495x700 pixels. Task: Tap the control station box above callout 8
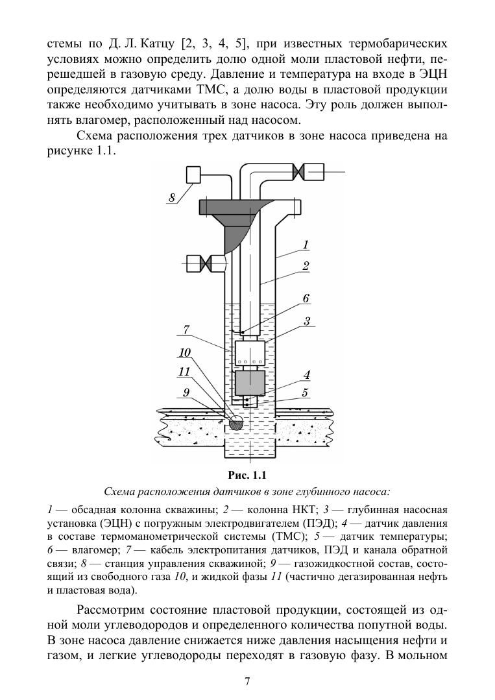194,175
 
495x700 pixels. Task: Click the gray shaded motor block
250,382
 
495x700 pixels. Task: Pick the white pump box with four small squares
250,354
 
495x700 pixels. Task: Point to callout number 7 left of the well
186,330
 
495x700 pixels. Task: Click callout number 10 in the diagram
186,352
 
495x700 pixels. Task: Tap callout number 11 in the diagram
185,372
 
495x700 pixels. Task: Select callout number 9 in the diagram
186,391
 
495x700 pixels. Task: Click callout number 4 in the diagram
306,374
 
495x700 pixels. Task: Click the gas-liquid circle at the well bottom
236,424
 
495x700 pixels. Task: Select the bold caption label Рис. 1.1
248,473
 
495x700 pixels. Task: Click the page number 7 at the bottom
247,681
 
